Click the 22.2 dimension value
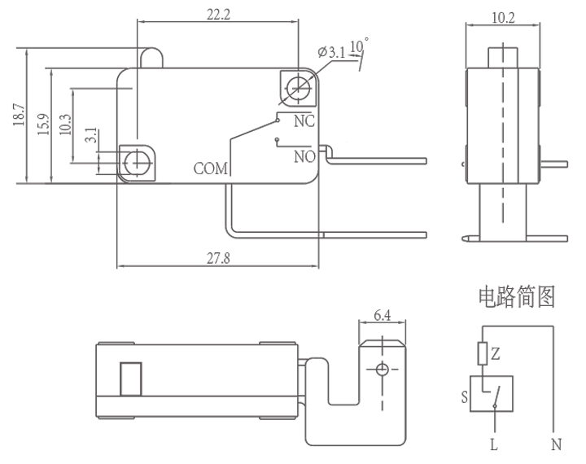pos(215,14)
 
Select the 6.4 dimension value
pos(381,313)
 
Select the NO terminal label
pos(304,155)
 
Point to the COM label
pos(212,169)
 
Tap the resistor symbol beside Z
pos(484,352)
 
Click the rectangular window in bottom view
pos(130,379)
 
